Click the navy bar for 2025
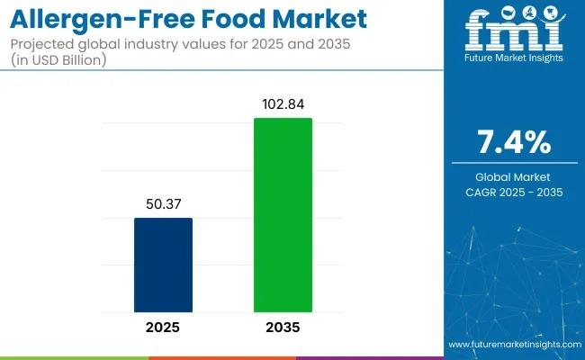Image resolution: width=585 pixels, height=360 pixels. click(163, 265)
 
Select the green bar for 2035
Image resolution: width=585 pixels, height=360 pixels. click(283, 215)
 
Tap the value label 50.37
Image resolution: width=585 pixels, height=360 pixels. click(163, 204)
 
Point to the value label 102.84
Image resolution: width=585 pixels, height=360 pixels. click(283, 104)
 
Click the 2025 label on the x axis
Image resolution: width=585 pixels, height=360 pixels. click(163, 327)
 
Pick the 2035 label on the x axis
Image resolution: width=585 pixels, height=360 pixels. click(283, 327)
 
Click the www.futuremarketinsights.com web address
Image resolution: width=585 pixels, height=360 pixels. click(513, 345)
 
